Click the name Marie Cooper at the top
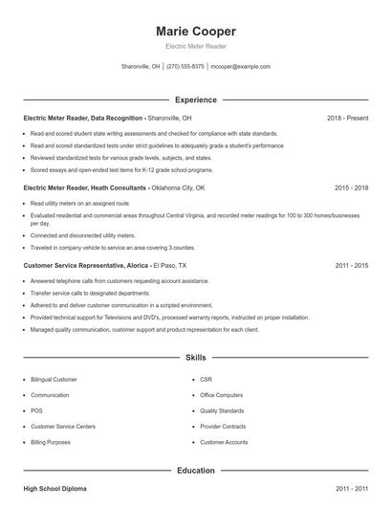[195, 32]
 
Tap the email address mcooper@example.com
[240, 67]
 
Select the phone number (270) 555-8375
[185, 67]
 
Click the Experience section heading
[195, 99]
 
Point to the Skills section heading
[195, 358]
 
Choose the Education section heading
[195, 471]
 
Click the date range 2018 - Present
[347, 118]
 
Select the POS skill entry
[37, 410]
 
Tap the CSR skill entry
[207, 379]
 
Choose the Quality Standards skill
[223, 410]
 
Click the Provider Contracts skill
[224, 427]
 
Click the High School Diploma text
[54, 489]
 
